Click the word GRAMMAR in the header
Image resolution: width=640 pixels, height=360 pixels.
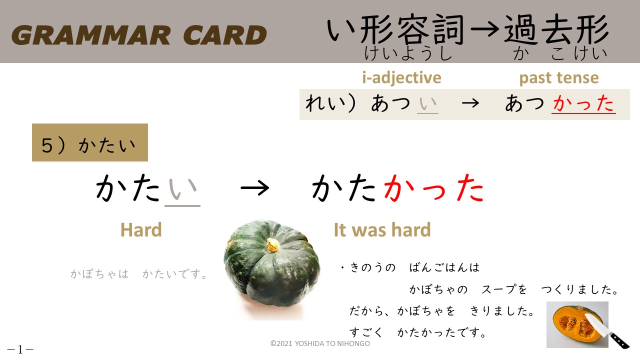click(x=91, y=35)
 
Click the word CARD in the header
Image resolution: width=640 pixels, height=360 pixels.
click(x=225, y=35)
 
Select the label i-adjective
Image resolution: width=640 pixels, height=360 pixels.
click(x=401, y=77)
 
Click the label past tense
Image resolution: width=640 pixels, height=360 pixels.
click(x=559, y=77)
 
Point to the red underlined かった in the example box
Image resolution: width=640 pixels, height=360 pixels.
click(x=583, y=103)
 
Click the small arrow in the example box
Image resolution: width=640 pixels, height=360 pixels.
click(x=470, y=103)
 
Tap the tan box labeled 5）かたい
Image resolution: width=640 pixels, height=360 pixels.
click(x=90, y=142)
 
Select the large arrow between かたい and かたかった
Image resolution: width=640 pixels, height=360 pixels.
click(x=255, y=188)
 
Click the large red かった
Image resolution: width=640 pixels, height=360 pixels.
click(x=434, y=188)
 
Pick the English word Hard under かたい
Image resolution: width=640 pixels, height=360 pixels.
click(x=141, y=229)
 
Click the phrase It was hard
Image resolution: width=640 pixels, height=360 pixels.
click(x=382, y=229)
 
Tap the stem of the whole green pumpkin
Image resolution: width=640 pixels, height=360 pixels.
click(x=273, y=245)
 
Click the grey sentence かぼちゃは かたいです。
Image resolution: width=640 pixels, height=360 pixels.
click(x=139, y=274)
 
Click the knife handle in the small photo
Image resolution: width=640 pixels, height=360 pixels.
click(x=619, y=340)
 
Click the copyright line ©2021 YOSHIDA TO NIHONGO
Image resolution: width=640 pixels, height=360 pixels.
click(x=320, y=343)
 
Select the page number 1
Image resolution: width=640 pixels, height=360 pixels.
click(x=20, y=349)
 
